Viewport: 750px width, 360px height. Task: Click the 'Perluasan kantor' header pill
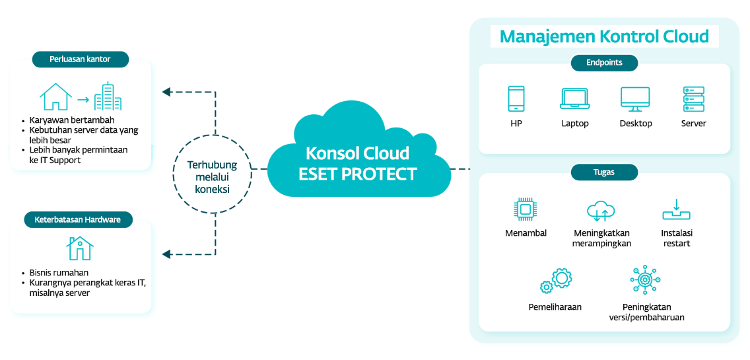point(80,59)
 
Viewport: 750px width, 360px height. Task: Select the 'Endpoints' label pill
point(604,63)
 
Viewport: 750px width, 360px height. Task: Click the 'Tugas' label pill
point(603,172)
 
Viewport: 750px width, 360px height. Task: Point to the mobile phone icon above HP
point(516,99)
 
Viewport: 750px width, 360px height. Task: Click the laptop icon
point(574,99)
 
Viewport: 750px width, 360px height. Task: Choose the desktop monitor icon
point(635,100)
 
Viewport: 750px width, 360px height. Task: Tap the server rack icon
point(693,99)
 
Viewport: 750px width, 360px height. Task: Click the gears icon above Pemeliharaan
point(555,281)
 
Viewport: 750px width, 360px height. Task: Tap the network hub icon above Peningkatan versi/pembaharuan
point(645,280)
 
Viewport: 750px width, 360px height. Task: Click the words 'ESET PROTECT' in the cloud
point(358,174)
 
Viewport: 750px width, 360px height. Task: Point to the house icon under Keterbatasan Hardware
point(80,248)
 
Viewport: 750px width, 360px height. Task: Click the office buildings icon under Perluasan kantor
point(108,96)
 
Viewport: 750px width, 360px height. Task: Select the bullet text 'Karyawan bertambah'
point(72,120)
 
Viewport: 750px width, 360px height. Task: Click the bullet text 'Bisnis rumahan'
point(59,273)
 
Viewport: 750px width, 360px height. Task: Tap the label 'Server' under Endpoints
point(693,124)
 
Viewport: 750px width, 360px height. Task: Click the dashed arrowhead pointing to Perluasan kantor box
point(167,92)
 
